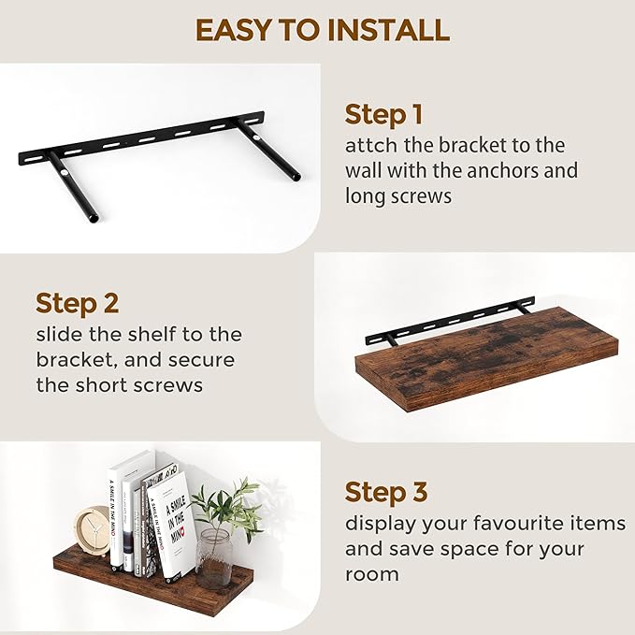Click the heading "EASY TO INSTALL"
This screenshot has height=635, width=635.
click(x=322, y=30)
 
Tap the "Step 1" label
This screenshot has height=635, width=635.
click(x=383, y=115)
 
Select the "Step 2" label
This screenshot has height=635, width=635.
click(x=77, y=303)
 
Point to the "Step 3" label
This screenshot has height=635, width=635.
click(x=385, y=492)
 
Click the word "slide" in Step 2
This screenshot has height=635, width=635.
click(x=59, y=335)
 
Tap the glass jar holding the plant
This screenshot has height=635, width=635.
click(x=213, y=557)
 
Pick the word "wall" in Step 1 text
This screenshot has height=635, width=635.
click(x=367, y=171)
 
